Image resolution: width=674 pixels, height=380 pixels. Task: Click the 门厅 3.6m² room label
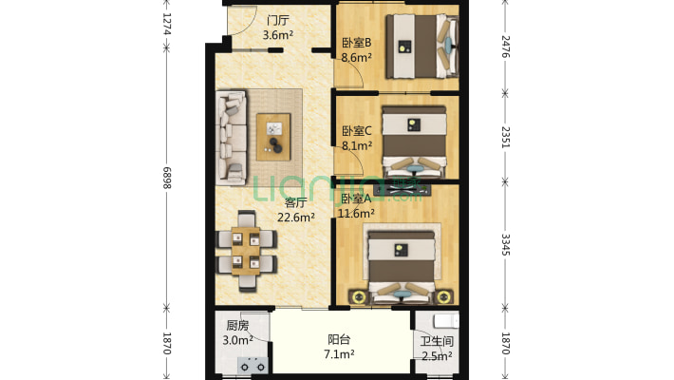(x=278, y=28)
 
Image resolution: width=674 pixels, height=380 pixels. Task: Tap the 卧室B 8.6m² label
(x=356, y=50)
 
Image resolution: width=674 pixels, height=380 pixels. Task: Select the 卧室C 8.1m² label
(x=357, y=138)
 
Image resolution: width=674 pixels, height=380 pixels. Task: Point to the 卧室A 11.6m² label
(x=356, y=206)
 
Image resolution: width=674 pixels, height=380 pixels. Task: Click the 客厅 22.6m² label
(x=296, y=210)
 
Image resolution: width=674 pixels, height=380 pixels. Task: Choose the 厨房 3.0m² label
(x=237, y=332)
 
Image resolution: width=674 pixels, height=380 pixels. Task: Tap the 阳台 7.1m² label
(x=339, y=347)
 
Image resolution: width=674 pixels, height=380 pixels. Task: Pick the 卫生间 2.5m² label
(x=437, y=349)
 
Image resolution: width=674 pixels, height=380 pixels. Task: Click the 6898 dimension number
(x=167, y=178)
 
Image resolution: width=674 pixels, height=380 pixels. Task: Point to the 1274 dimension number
(x=167, y=24)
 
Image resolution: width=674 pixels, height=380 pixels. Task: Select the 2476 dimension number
(x=505, y=47)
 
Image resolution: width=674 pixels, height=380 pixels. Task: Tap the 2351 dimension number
(x=505, y=138)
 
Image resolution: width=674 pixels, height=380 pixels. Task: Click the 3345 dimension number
(x=505, y=245)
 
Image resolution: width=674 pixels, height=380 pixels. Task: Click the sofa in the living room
(x=232, y=138)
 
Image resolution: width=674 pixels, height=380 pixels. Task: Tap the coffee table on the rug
(x=273, y=137)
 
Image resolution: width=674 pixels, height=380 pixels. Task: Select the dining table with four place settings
(x=246, y=251)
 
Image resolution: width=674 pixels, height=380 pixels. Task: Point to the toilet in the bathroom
(x=446, y=320)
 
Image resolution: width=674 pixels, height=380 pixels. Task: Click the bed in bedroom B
(x=421, y=46)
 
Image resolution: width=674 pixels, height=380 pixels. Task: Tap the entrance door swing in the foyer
(x=242, y=22)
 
